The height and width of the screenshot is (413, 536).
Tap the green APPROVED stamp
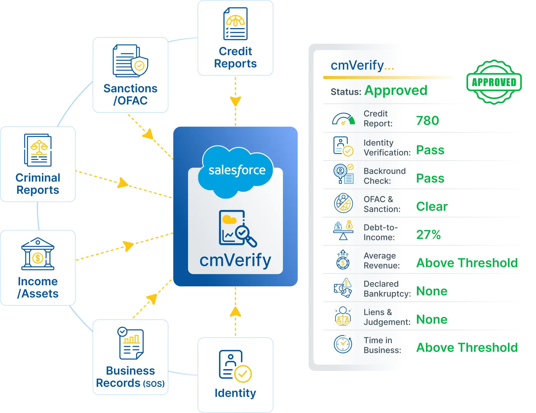pyautogui.click(x=494, y=82)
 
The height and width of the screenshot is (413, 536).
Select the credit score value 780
pyautogui.click(x=427, y=120)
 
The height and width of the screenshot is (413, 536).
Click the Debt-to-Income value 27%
pyautogui.click(x=429, y=235)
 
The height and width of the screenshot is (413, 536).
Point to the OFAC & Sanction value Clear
pyautogui.click(x=432, y=206)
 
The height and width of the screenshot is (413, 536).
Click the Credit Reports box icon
pyautogui.click(x=235, y=24)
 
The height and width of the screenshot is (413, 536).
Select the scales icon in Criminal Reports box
pyautogui.click(x=39, y=147)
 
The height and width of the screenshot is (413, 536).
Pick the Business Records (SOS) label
pyautogui.click(x=130, y=377)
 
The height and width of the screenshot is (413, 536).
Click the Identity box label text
pyautogui.click(x=235, y=393)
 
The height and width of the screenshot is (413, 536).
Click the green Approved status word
pyautogui.click(x=396, y=90)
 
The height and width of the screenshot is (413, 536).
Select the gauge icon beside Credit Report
pyautogui.click(x=343, y=119)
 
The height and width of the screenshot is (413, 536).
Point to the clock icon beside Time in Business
pyautogui.click(x=343, y=344)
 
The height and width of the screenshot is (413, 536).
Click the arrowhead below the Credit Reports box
pyautogui.click(x=235, y=101)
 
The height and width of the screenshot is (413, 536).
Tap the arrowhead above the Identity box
pyautogui.click(x=235, y=311)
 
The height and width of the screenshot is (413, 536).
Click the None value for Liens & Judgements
pyautogui.click(x=432, y=319)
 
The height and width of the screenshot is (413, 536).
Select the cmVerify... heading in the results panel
pyautogui.click(x=362, y=66)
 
